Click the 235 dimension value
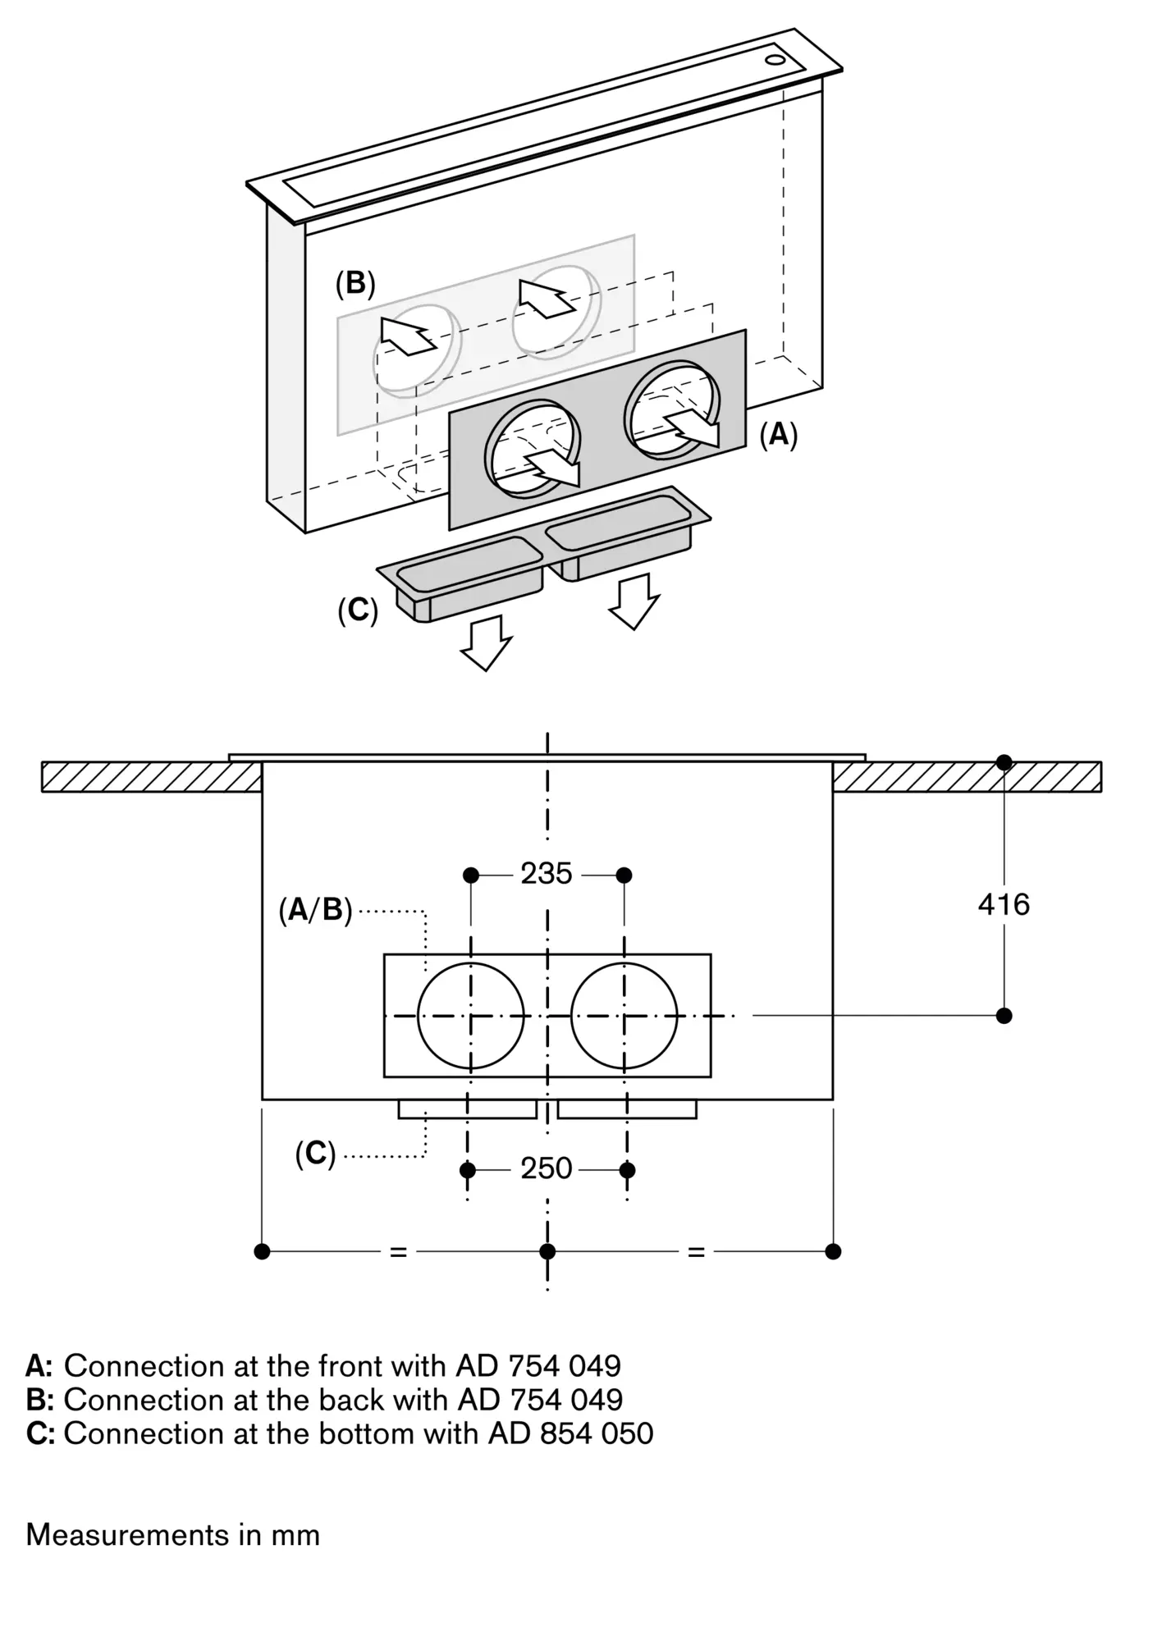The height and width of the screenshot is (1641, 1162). click(547, 874)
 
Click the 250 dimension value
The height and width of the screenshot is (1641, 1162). click(547, 1168)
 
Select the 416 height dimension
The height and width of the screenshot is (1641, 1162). click(1003, 904)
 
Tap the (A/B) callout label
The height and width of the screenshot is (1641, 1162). click(315, 910)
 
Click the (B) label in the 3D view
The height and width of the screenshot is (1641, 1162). click(355, 283)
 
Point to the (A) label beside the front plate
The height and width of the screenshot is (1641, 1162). click(778, 434)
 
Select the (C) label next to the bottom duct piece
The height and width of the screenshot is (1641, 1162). click(358, 610)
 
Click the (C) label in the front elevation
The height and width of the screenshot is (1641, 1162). click(316, 1154)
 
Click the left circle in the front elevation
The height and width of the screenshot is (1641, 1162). click(470, 1016)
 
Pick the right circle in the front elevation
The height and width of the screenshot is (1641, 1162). click(624, 1016)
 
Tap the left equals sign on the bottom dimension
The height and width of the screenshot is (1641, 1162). click(398, 1252)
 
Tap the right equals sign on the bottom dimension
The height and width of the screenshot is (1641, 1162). click(696, 1252)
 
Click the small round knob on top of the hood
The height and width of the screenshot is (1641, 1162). click(775, 60)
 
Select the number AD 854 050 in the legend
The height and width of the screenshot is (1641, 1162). click(571, 1433)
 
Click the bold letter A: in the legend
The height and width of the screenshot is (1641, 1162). click(39, 1366)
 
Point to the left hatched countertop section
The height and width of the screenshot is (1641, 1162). click(151, 777)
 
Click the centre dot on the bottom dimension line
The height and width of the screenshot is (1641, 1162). click(547, 1251)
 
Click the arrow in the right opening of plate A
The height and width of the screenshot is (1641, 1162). click(693, 427)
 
